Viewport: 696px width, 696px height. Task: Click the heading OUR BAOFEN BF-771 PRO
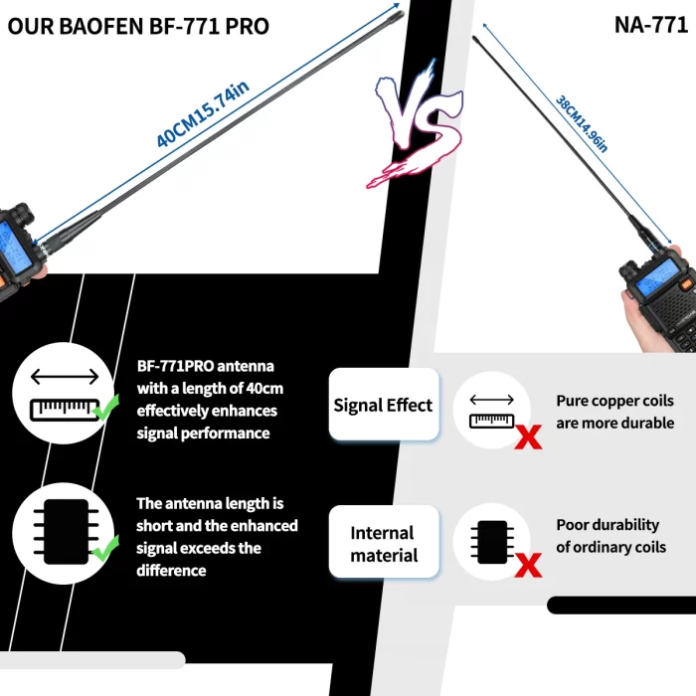coord(138,26)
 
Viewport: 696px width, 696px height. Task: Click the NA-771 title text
coord(650,25)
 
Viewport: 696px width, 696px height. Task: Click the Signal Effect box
coord(383,405)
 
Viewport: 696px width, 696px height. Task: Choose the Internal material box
coord(383,544)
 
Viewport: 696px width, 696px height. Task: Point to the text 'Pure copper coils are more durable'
coord(614,412)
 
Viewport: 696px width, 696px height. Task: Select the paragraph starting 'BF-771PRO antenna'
coord(207,399)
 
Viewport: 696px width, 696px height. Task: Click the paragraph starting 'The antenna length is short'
coord(216,537)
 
